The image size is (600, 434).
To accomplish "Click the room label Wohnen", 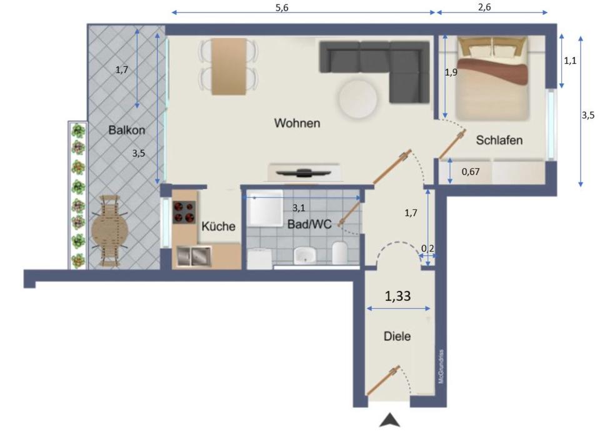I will coord(297,124).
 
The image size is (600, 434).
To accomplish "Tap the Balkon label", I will coord(126,131).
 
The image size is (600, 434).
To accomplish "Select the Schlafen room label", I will coord(499,140).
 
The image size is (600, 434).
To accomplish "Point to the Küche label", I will coord(218,226).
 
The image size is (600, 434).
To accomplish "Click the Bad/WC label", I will coord(309,224).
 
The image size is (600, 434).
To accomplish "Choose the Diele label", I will coord(397,336).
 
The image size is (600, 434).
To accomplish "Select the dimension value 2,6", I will coord(492,8).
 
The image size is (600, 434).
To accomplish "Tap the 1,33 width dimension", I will coord(398,296).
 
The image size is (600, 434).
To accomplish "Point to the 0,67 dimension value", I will coord(471,171).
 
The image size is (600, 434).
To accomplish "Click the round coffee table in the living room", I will coord(357,98).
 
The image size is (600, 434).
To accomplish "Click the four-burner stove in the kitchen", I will coord(185,213).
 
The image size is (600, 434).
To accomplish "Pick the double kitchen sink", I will coord(193,256).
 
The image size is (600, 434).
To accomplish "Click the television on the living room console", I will coord(304,171).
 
